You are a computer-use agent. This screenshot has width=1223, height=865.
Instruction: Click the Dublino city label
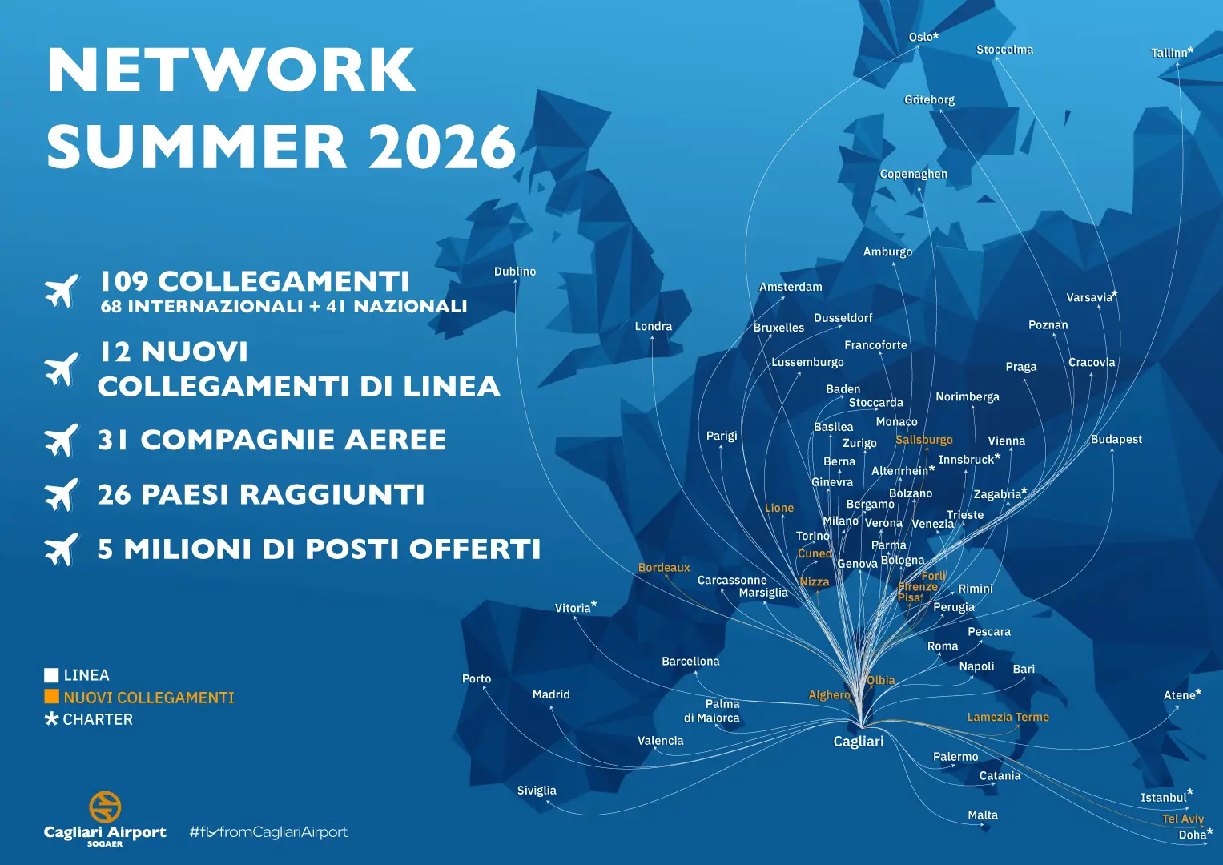click(x=515, y=272)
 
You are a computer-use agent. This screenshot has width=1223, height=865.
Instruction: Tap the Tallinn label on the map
click(x=1171, y=53)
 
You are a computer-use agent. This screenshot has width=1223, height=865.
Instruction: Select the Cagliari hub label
click(x=859, y=742)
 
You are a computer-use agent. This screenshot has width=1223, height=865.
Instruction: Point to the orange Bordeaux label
click(x=664, y=568)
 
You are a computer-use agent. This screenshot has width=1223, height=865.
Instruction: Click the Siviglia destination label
click(x=537, y=791)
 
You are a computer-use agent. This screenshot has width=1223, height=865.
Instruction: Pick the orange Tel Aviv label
click(x=1183, y=819)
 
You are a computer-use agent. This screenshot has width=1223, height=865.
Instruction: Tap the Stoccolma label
click(x=1004, y=50)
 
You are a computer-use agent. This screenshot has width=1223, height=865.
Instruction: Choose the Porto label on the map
click(x=477, y=678)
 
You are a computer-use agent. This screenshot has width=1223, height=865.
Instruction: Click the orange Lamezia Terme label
click(x=1008, y=718)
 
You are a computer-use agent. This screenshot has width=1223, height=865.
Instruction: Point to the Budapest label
click(x=1116, y=440)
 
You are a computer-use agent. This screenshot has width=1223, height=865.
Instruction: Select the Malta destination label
click(x=983, y=815)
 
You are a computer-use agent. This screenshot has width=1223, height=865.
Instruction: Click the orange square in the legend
click(x=52, y=697)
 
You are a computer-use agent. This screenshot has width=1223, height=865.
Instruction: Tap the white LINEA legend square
click(x=52, y=675)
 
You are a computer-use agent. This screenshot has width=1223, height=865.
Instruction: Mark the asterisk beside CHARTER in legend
click(x=52, y=718)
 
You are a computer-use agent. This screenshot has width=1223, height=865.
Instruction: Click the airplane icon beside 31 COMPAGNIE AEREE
click(x=62, y=440)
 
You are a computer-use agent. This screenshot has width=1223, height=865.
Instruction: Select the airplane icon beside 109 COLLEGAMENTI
click(x=62, y=290)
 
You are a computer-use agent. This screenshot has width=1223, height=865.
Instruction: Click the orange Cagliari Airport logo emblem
click(x=105, y=807)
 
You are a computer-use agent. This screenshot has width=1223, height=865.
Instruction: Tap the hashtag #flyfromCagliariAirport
click(x=268, y=832)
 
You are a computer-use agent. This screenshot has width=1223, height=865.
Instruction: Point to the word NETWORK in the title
click(x=231, y=70)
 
